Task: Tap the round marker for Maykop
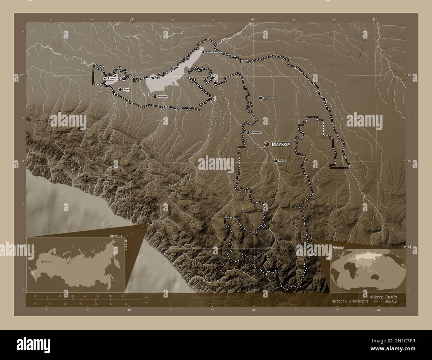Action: [266, 144]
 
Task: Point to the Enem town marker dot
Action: [120, 89]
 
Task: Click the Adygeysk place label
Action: [162, 96]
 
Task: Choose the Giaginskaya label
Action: [270, 98]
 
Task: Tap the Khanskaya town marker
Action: [248, 133]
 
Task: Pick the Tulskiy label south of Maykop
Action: [282, 161]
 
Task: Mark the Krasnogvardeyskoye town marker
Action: [203, 52]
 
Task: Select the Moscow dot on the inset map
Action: [42, 262]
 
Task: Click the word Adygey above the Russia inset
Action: [114, 235]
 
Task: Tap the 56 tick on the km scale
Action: [123, 296]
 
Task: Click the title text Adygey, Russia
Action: [383, 296]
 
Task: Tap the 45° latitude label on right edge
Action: [409, 75]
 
